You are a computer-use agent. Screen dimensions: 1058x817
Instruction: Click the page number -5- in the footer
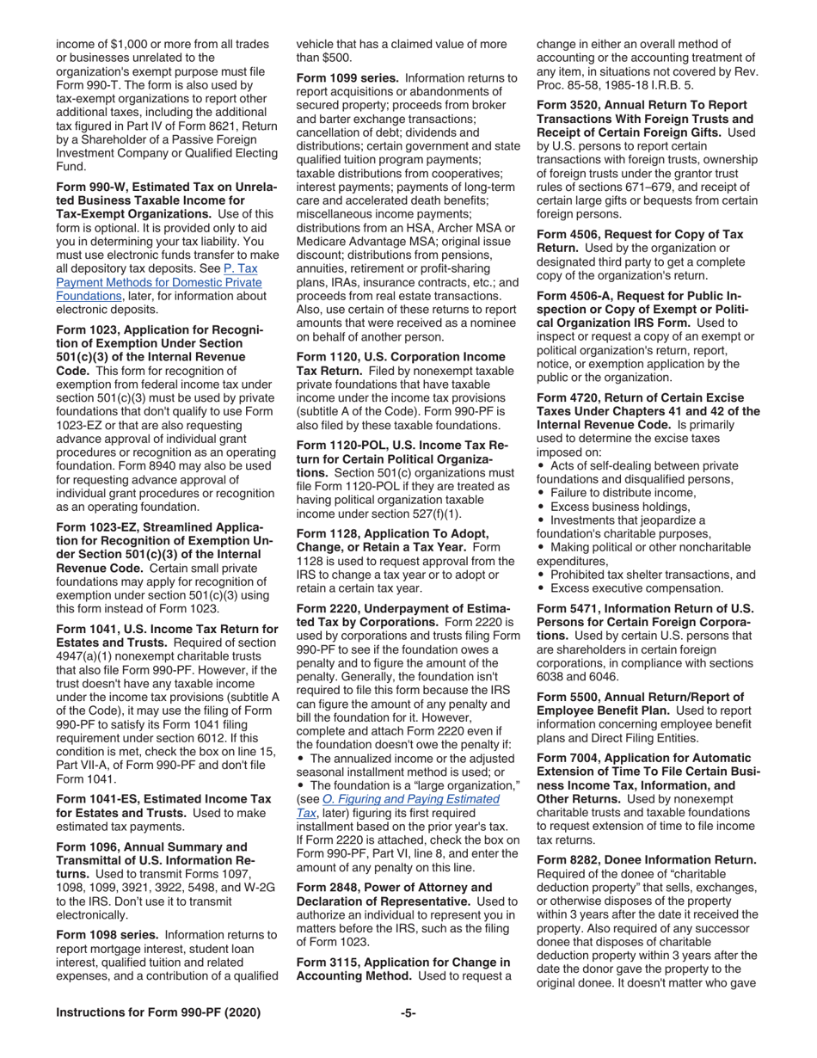(x=408, y=1012)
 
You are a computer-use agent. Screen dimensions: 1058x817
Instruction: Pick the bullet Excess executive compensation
(x=636, y=588)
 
